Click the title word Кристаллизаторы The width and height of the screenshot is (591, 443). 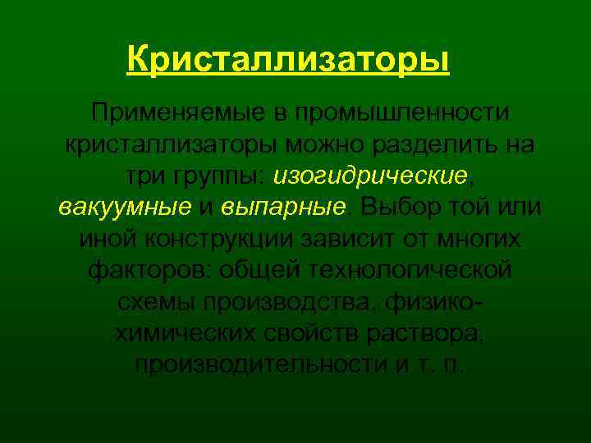289,60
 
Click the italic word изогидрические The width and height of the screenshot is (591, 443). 371,176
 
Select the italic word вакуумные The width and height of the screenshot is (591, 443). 126,207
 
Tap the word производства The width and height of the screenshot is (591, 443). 285,300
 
